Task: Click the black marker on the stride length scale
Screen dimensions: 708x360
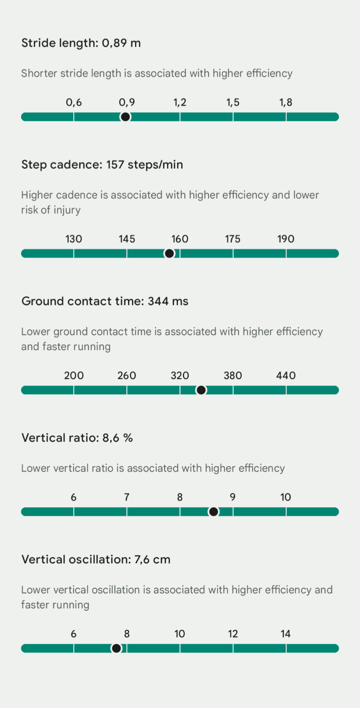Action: coord(125,117)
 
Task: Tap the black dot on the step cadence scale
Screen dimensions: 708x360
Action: coord(169,253)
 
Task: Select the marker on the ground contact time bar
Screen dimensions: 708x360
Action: coord(201,390)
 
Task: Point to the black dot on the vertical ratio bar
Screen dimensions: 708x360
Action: coord(213,512)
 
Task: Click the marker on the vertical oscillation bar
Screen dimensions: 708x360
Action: coord(117,648)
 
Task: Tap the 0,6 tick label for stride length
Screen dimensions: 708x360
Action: coord(74,103)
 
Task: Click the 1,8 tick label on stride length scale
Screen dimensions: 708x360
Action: coord(286,103)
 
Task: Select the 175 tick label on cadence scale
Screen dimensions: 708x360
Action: coord(232,239)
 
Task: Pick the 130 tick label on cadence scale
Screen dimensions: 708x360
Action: coord(74,239)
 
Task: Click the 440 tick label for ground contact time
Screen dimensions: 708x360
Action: coord(286,376)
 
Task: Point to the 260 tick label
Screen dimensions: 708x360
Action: coord(127,376)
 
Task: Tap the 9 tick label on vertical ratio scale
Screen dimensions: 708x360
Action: coord(232,498)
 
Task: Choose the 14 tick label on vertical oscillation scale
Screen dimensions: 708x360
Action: coord(285,634)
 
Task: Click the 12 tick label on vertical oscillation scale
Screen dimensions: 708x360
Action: coord(232,634)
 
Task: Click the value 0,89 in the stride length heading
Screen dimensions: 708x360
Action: coord(114,43)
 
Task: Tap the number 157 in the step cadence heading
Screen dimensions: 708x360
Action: coord(115,165)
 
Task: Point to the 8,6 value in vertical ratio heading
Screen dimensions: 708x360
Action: coord(111,438)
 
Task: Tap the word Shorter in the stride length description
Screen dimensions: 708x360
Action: coord(39,74)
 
